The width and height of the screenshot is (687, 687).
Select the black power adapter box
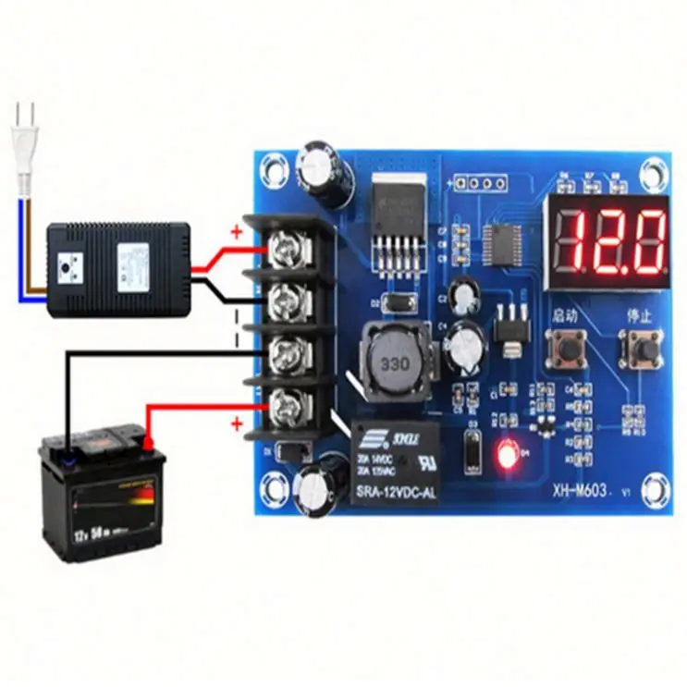pyautogui.click(x=117, y=268)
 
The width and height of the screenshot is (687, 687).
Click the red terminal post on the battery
pyautogui.click(x=146, y=442)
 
